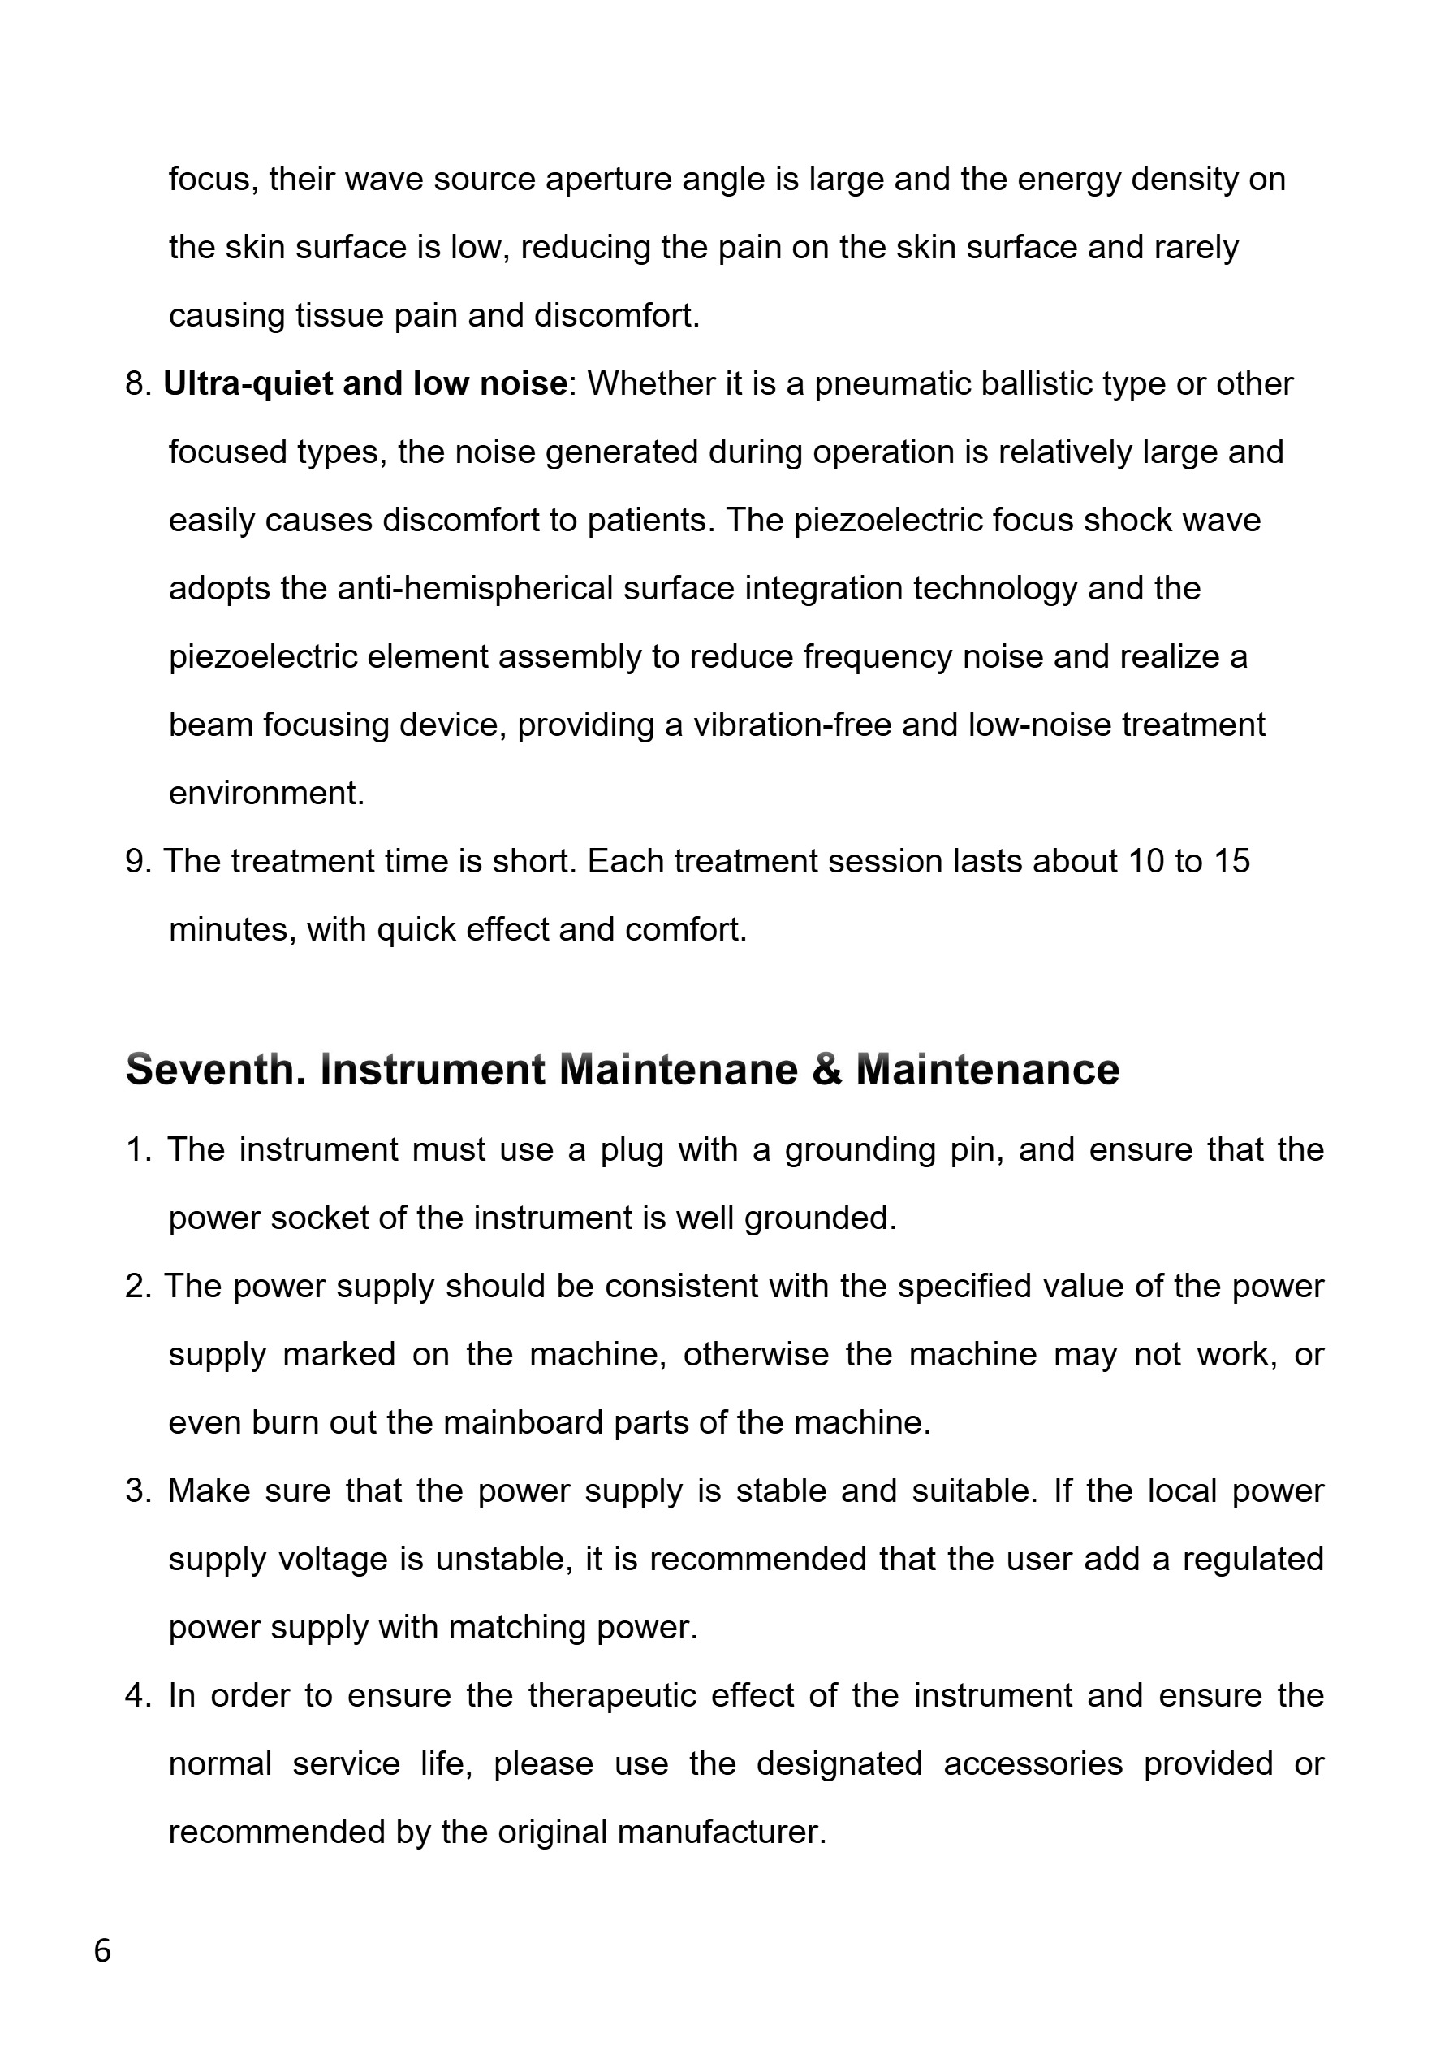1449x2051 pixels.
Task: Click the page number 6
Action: coord(102,1950)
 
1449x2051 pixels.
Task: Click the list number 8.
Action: coord(138,384)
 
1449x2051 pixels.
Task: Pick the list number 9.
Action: coord(138,861)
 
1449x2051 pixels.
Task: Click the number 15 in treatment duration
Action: coord(1231,861)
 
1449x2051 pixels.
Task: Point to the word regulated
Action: coord(1253,1559)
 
